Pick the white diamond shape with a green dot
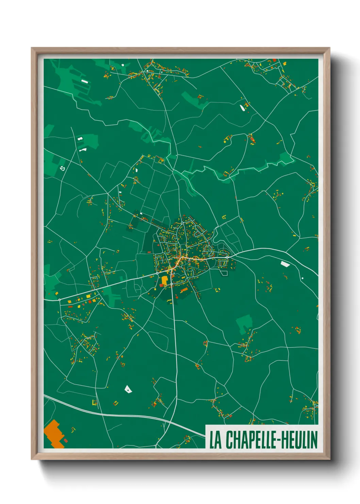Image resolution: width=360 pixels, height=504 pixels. pyautogui.click(x=128, y=389)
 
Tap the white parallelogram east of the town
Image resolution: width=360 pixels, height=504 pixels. pyautogui.click(x=285, y=264)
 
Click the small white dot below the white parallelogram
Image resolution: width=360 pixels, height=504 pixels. pyautogui.click(x=302, y=278)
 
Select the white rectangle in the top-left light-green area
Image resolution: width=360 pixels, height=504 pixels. pyautogui.click(x=84, y=81)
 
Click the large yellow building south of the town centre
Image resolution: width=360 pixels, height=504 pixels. pyautogui.click(x=165, y=280)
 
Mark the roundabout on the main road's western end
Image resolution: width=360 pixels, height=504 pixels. pyautogui.click(x=60, y=300)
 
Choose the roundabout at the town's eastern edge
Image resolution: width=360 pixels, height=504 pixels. pyautogui.click(x=227, y=257)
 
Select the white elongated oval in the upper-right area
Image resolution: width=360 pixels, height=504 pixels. pyautogui.click(x=242, y=108)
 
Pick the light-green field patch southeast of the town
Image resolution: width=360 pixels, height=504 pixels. pyautogui.click(x=244, y=323)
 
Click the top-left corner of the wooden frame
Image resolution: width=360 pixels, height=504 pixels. pyautogui.click(x=32, y=48)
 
